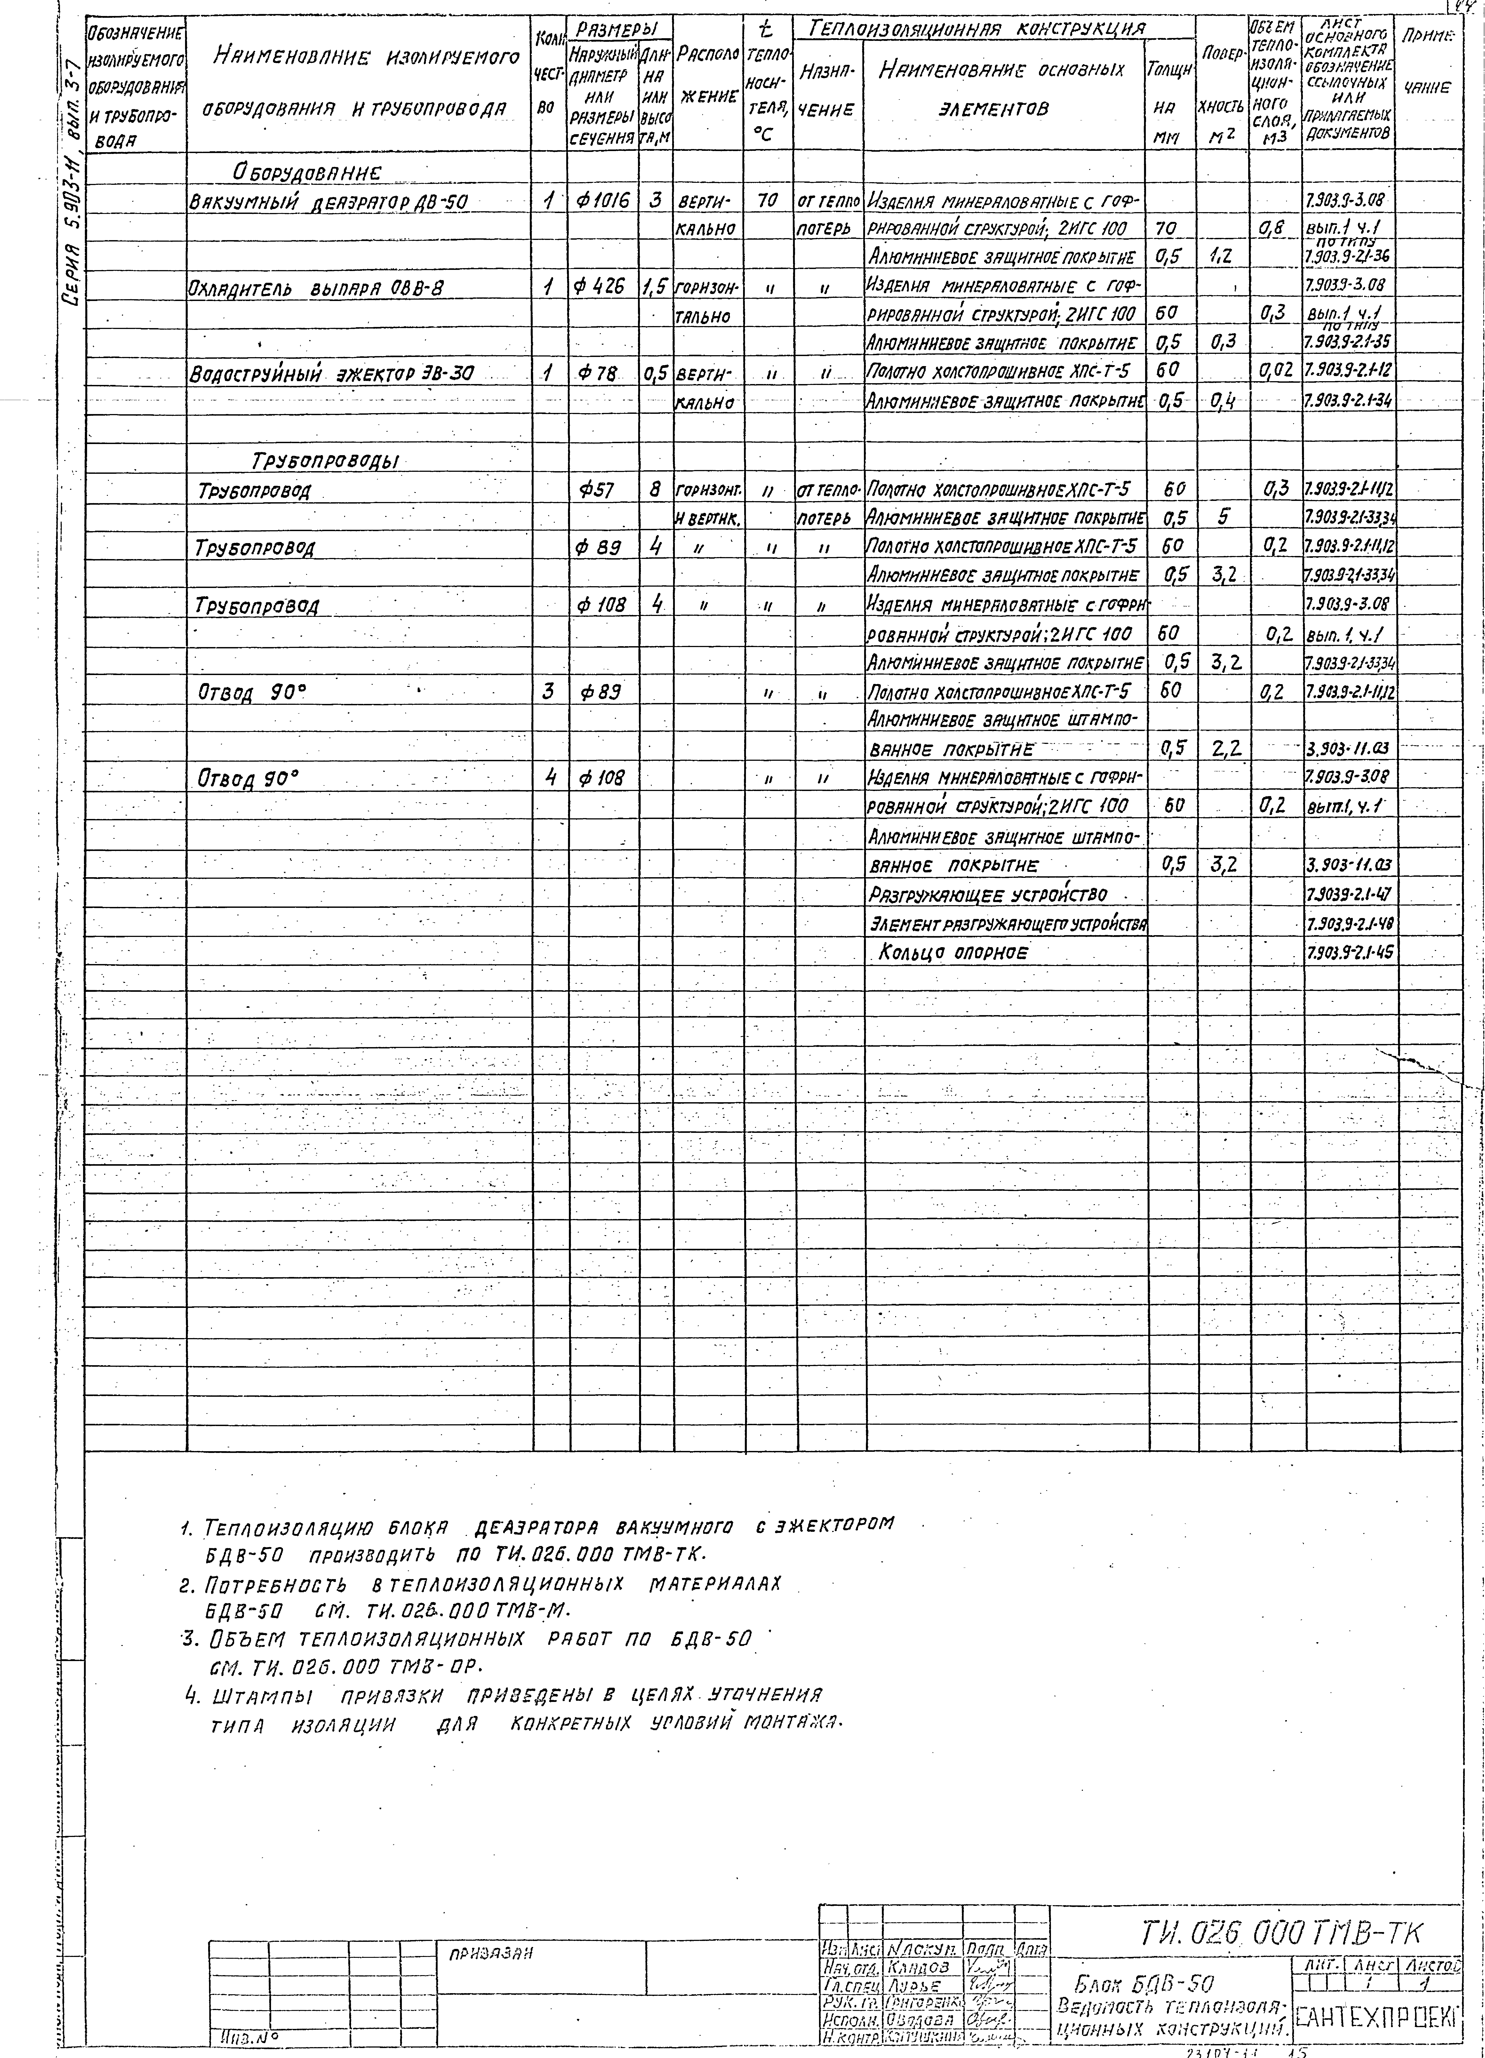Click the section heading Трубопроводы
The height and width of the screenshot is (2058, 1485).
coord(325,461)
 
